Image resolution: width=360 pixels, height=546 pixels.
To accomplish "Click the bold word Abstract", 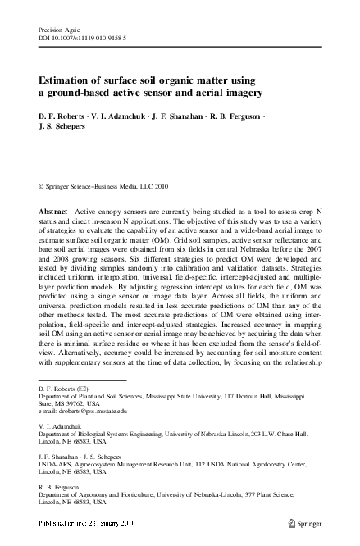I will (52, 212).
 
